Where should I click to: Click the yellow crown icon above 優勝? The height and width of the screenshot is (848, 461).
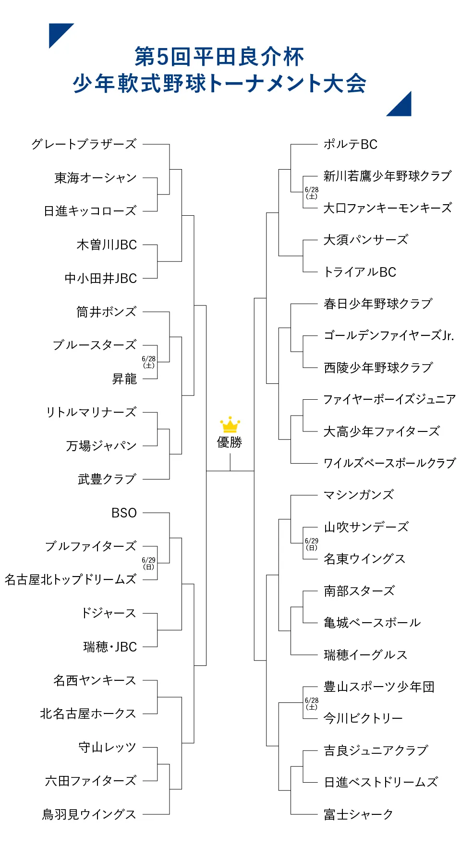point(230,425)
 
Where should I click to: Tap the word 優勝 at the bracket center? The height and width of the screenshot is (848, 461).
point(230,442)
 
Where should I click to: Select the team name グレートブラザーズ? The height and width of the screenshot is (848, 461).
point(84,144)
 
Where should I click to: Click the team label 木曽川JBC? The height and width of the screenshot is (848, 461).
point(107,245)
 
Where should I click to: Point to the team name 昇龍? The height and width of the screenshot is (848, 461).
point(124,379)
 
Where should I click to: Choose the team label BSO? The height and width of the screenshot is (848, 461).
point(124,513)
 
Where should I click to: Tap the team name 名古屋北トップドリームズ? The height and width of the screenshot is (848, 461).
point(71,579)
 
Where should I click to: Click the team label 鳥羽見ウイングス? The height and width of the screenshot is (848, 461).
point(89,814)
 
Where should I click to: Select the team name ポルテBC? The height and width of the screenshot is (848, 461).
point(351,144)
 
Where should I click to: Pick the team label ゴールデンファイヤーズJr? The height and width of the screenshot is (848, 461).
point(389,335)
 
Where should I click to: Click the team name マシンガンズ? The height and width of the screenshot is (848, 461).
point(359,495)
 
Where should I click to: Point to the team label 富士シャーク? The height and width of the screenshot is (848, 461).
point(358,814)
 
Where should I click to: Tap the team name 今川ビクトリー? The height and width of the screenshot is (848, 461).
point(363,718)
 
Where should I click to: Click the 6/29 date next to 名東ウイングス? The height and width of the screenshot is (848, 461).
point(312,544)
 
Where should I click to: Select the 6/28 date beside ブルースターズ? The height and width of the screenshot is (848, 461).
point(149,362)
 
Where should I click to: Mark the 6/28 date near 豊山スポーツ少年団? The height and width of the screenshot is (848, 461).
point(312,703)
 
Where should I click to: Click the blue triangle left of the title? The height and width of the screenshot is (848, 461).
point(58,32)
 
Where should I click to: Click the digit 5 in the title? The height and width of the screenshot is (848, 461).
point(163,57)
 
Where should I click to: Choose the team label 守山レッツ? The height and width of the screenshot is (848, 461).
point(108,747)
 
